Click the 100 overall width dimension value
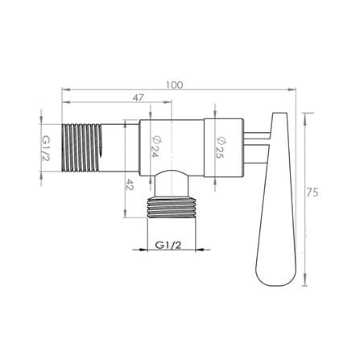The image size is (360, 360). (174, 85)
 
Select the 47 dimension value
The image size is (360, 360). (139, 97)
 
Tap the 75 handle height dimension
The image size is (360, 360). (312, 192)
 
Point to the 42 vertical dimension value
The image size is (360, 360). (130, 184)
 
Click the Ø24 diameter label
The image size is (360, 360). (155, 147)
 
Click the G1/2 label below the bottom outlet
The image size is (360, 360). (168, 245)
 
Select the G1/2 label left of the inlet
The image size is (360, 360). (46, 148)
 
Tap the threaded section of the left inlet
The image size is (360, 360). (81, 147)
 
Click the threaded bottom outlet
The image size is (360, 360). (172, 208)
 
